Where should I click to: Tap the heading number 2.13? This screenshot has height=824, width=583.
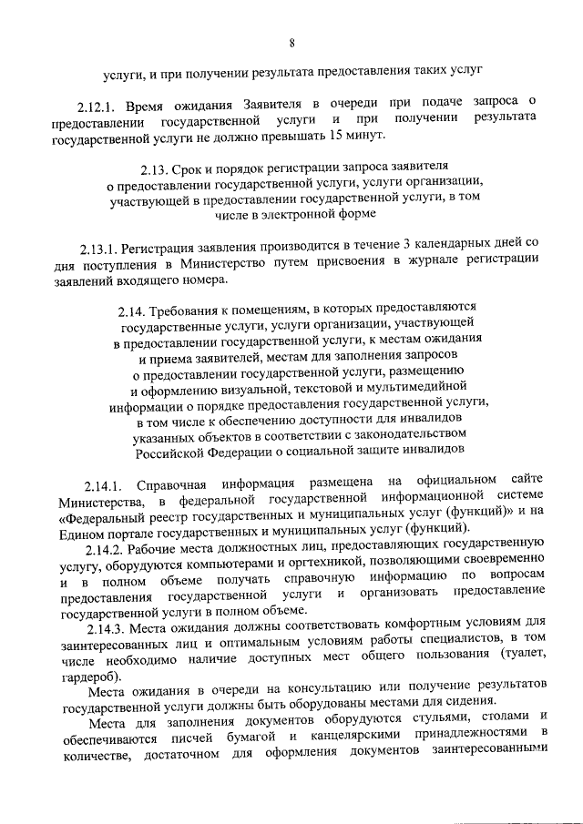[158, 168]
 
